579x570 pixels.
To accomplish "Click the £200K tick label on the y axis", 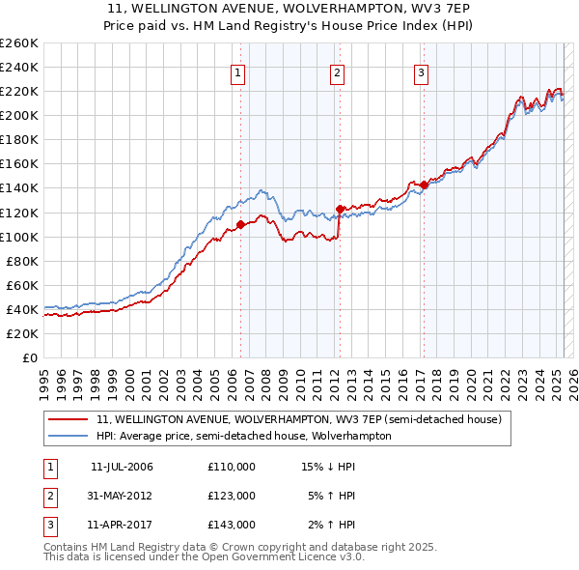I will coord(19,115).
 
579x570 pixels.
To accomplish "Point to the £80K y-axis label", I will coord(22,261).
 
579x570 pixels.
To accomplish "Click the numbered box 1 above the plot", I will coord(237,72).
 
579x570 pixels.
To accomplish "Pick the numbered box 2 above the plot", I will coord(337,72).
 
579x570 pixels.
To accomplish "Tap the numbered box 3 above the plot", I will coord(422,72).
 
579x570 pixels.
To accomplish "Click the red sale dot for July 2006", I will coord(240,224).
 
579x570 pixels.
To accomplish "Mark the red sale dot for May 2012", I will coord(340,208).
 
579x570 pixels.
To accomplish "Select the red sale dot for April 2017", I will coord(424,184).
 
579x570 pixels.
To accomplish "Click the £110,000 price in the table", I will coord(232,467).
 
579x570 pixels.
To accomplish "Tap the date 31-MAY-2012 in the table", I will coord(121,496).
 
